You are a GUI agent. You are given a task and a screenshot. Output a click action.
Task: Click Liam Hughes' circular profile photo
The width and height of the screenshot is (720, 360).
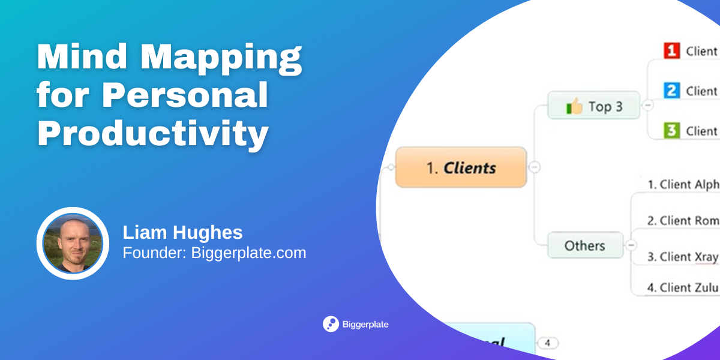(73, 244)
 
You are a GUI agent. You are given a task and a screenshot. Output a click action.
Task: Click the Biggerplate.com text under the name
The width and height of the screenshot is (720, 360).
(248, 253)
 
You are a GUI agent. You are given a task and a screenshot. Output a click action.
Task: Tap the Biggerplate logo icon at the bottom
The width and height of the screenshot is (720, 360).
(331, 324)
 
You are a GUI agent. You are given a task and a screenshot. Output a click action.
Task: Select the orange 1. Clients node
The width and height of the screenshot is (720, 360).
(461, 167)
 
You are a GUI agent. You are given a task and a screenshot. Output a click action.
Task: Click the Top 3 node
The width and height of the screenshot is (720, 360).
(594, 107)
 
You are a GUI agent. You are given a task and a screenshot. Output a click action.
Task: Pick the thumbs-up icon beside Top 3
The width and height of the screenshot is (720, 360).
(574, 107)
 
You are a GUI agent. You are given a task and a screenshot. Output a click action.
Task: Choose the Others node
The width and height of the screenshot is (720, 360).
(584, 245)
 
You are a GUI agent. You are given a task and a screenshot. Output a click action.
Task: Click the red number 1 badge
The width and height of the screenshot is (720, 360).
(671, 51)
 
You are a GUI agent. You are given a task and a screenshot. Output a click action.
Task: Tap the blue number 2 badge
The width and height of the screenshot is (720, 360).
(671, 91)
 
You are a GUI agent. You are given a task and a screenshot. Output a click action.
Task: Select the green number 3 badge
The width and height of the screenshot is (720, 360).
(671, 130)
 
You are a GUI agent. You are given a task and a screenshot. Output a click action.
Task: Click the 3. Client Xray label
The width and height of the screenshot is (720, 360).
(682, 257)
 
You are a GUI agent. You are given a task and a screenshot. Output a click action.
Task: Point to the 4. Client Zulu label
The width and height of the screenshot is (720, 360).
(682, 287)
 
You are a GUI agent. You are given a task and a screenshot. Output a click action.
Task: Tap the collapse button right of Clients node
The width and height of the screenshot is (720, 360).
(535, 167)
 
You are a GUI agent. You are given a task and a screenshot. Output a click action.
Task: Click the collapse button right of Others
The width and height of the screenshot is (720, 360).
(631, 245)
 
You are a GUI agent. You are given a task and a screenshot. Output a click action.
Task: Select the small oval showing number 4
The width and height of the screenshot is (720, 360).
(547, 343)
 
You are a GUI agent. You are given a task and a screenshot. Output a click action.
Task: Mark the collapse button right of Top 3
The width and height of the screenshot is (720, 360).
(648, 106)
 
